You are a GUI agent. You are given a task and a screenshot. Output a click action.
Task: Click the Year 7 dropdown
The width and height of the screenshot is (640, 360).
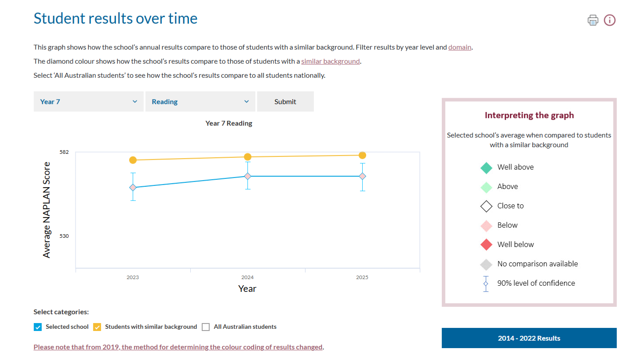pos(88,102)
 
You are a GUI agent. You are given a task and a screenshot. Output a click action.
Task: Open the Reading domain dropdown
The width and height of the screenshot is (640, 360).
pos(200,102)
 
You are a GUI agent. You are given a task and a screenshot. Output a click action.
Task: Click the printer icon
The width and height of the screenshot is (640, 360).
pos(593,20)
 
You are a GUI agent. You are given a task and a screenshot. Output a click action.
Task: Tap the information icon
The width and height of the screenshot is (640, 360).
pos(610,20)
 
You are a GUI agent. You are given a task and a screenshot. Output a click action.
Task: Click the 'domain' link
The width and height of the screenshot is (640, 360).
pos(459,47)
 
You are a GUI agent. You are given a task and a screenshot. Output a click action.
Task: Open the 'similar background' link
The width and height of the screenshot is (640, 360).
pos(330,61)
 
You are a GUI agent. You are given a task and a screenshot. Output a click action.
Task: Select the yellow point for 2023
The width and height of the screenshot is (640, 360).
pos(133,160)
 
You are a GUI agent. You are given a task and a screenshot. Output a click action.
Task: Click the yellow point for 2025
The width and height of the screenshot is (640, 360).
pos(362,155)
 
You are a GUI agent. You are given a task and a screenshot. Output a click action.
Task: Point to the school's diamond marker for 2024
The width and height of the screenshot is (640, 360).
pos(247,176)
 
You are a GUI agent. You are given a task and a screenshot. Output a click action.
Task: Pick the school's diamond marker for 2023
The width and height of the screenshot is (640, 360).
pos(133,187)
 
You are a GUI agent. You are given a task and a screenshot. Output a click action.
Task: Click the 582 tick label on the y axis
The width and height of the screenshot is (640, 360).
pos(64,152)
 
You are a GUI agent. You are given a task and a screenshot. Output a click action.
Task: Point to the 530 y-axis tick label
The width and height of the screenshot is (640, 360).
pos(64,236)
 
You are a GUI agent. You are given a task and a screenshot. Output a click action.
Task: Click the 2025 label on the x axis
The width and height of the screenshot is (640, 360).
pos(362,277)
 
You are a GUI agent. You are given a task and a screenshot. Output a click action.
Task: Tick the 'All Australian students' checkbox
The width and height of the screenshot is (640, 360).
pos(206,327)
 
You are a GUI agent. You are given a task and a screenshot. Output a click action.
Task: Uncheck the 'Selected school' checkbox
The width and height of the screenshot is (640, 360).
pos(38,327)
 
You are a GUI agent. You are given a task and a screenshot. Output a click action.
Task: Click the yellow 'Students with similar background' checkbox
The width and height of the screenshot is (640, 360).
pos(97,327)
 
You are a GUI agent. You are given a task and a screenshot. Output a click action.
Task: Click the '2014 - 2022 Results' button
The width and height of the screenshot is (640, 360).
pos(529,338)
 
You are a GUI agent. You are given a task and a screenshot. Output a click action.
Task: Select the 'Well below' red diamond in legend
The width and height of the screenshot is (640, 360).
pos(486,244)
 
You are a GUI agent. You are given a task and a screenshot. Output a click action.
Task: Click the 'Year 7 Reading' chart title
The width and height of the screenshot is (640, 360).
pos(229,123)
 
